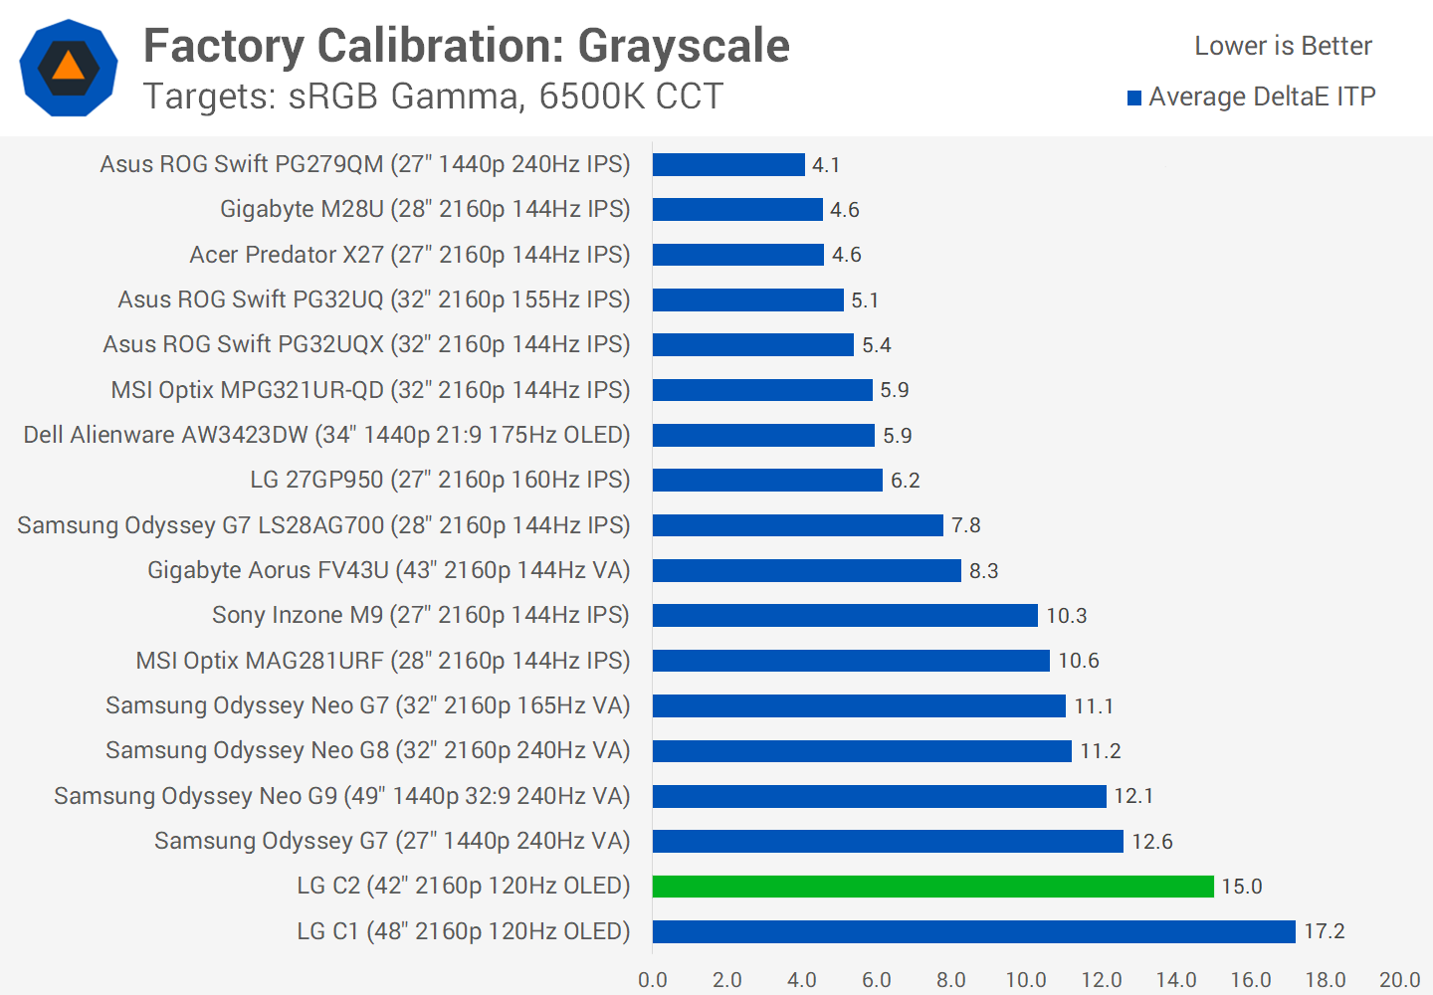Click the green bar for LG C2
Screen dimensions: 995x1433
coord(932,887)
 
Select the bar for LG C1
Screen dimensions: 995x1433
coord(973,931)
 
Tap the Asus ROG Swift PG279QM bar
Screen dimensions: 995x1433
coord(728,164)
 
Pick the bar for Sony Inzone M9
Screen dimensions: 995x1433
coord(845,616)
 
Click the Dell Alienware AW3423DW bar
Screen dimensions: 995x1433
coord(763,436)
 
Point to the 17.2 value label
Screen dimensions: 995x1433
coord(1324,931)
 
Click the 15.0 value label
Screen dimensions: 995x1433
coord(1241,887)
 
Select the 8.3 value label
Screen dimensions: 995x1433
coord(983,571)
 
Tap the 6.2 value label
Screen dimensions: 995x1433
coord(905,481)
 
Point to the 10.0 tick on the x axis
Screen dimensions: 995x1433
coord(1026,980)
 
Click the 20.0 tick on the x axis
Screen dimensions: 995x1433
coord(1399,980)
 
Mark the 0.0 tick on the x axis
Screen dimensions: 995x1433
coord(653,980)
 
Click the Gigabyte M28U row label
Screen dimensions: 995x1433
coord(425,209)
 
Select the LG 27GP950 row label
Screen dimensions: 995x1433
coord(440,480)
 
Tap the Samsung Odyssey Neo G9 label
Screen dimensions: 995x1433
coord(342,796)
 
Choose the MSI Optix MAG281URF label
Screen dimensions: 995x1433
coord(383,661)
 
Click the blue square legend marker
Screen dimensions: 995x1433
coord(1134,98)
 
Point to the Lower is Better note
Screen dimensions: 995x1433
coord(1283,46)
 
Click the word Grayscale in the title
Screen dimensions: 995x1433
coord(684,46)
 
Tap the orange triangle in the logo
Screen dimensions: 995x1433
coord(68,67)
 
